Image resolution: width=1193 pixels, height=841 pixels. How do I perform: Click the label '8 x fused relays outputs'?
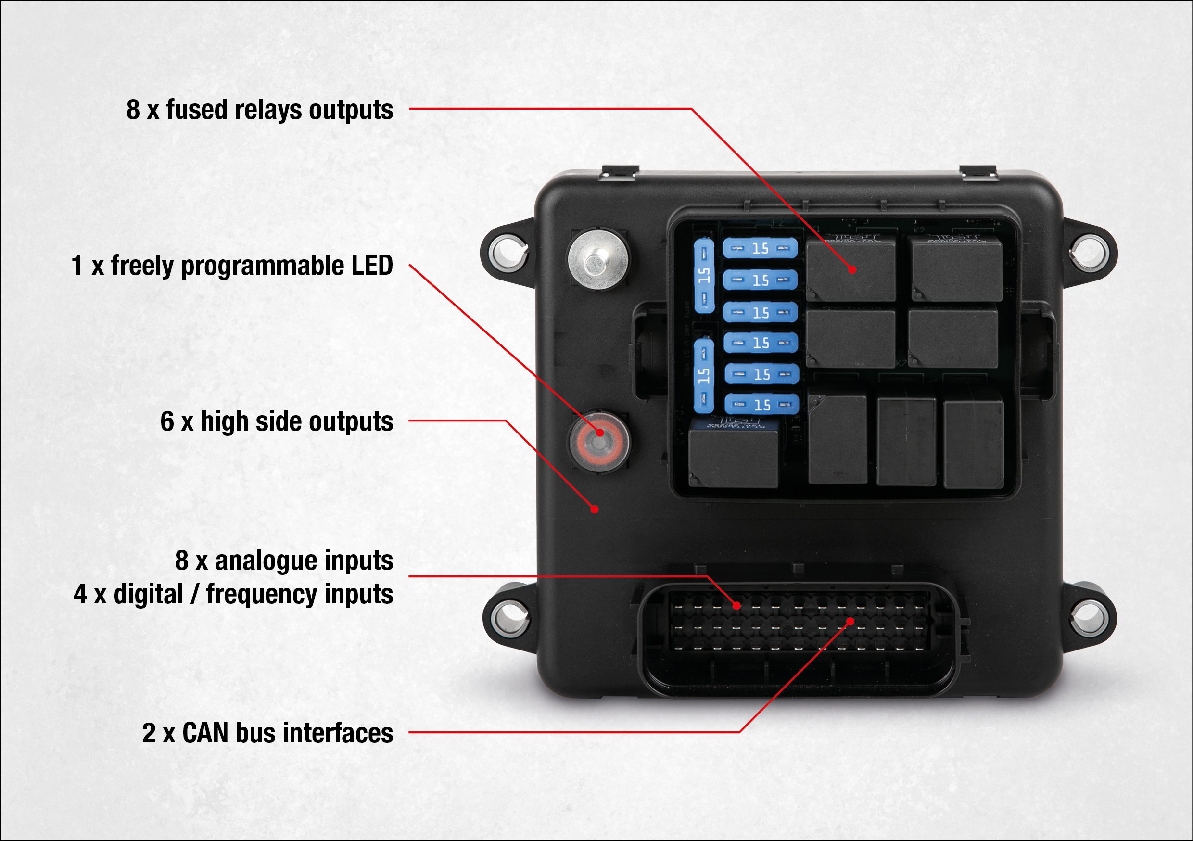click(259, 110)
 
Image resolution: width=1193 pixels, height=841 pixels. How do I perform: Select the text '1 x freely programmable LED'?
click(232, 266)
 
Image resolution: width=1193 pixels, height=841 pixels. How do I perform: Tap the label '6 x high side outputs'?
click(277, 421)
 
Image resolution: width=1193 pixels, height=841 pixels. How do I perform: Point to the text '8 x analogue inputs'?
click(284, 561)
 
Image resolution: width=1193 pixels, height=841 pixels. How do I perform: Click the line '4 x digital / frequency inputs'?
click(233, 594)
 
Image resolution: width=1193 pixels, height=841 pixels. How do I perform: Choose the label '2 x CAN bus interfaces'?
click(267, 733)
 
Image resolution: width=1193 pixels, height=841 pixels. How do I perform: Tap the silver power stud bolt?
click(597, 258)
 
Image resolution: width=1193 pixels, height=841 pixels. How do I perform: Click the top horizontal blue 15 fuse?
click(760, 248)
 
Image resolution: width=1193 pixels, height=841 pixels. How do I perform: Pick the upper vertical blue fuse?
click(704, 276)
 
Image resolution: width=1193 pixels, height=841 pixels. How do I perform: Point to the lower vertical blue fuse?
click(704, 375)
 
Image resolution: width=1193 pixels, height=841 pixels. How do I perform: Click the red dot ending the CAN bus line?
click(850, 622)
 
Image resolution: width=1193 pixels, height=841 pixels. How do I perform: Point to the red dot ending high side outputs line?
click(595, 510)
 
